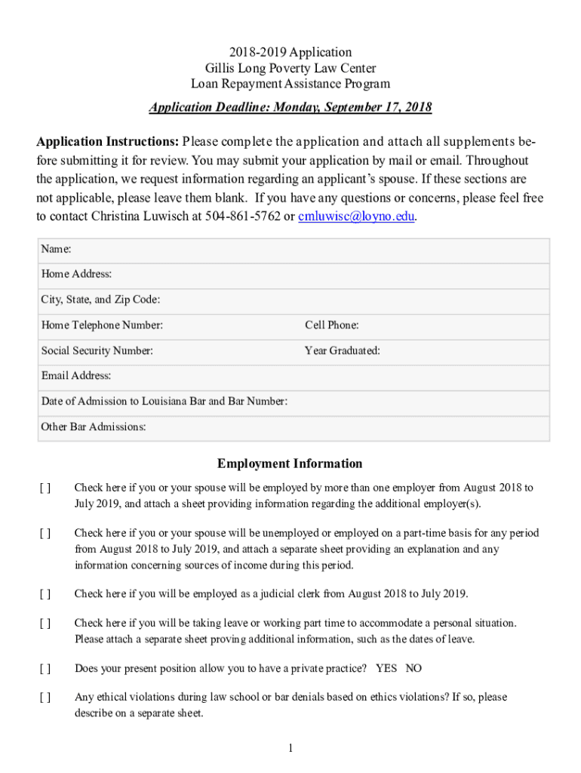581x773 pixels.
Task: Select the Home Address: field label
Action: click(76, 274)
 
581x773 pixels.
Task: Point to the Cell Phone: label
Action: click(331, 325)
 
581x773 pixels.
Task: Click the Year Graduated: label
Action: click(342, 351)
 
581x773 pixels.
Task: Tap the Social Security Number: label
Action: click(97, 351)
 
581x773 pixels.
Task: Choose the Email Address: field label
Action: click(75, 376)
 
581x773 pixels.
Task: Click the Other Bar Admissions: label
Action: click(94, 427)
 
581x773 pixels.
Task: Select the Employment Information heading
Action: click(290, 463)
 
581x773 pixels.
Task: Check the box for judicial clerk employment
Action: click(45, 594)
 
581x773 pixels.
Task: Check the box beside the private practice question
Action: click(45, 668)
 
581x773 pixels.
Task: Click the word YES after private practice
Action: click(386, 668)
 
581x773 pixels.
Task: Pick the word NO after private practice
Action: click(413, 668)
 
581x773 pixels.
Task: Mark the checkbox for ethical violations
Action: click(45, 698)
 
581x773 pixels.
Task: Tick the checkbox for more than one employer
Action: click(45, 488)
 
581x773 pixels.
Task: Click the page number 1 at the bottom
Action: click(290, 748)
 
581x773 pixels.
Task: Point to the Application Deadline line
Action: click(290, 107)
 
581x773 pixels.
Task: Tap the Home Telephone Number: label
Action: click(102, 325)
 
